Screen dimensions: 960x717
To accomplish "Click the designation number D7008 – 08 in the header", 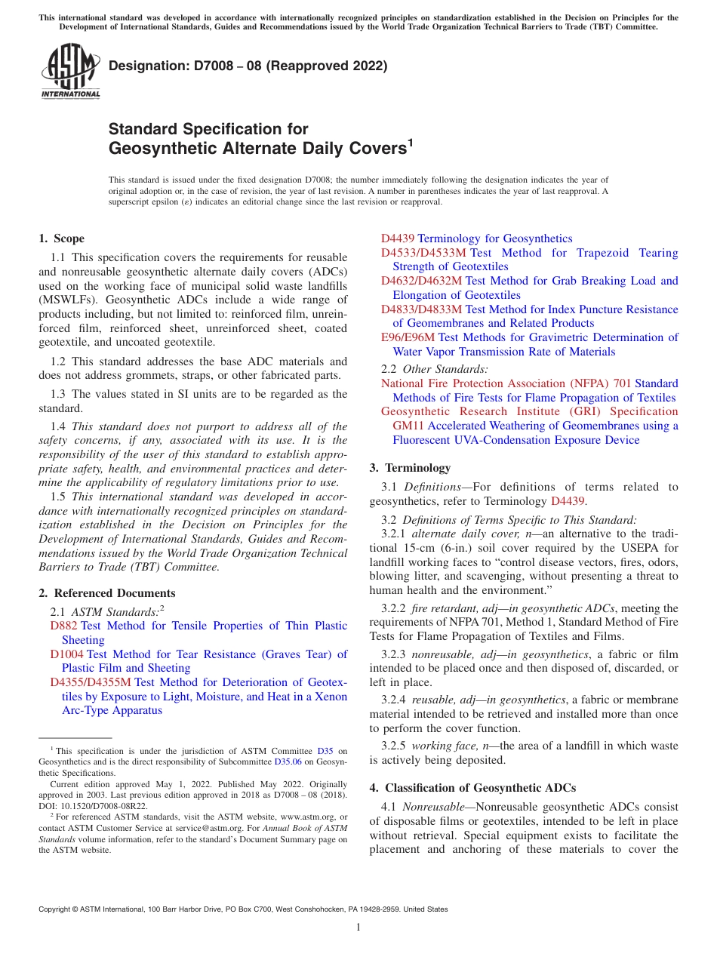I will click(x=248, y=66).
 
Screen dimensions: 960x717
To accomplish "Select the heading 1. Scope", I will click(x=61, y=238).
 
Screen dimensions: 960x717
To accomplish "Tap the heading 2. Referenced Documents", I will click(x=107, y=593).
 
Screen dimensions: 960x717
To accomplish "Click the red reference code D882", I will click(x=64, y=626).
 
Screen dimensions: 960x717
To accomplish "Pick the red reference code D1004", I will click(x=67, y=654).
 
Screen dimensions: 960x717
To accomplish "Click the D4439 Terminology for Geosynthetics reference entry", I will click(x=476, y=238).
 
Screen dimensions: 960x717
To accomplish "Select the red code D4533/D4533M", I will click(x=423, y=253).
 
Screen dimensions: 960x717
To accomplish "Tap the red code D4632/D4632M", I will click(x=423, y=281).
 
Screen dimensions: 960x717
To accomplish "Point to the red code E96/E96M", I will click(x=408, y=337).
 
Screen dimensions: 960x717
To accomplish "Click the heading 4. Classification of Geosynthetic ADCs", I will click(x=472, y=788).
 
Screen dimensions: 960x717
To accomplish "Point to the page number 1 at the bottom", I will click(x=358, y=927).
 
